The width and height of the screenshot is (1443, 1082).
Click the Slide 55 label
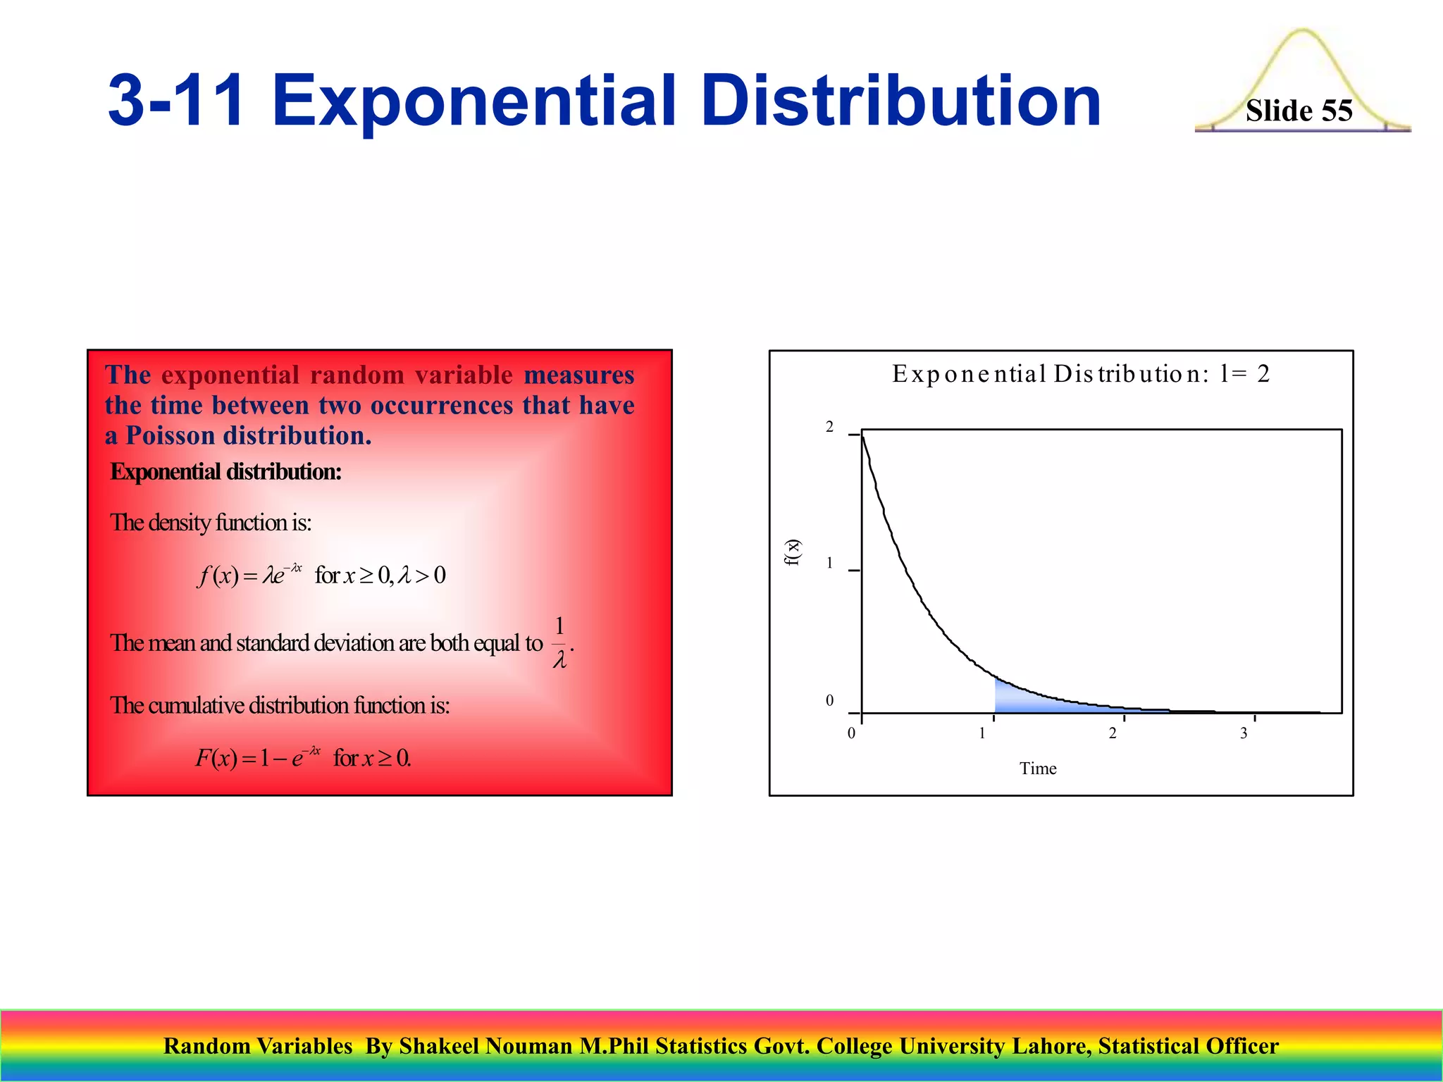pos(1299,111)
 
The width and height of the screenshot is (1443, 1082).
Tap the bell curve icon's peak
pos(1302,32)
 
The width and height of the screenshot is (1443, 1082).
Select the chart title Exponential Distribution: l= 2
pos(1080,373)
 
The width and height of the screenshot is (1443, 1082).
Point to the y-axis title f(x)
pos(793,552)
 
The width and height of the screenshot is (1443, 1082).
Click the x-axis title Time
pos(1037,769)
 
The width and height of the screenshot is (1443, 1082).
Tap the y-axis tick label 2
pos(829,427)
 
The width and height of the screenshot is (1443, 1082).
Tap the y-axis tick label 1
pos(829,563)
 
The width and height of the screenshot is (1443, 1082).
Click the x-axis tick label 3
pos(1244,733)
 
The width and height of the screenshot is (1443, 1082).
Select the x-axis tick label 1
pos(982,733)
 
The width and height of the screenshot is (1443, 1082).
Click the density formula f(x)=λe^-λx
pos(250,576)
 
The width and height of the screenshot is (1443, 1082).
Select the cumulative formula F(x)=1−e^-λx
pos(258,758)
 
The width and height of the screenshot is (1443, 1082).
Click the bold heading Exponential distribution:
pos(225,471)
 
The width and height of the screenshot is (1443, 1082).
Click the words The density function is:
pos(210,523)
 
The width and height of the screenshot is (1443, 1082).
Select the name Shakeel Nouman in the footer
pos(485,1046)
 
